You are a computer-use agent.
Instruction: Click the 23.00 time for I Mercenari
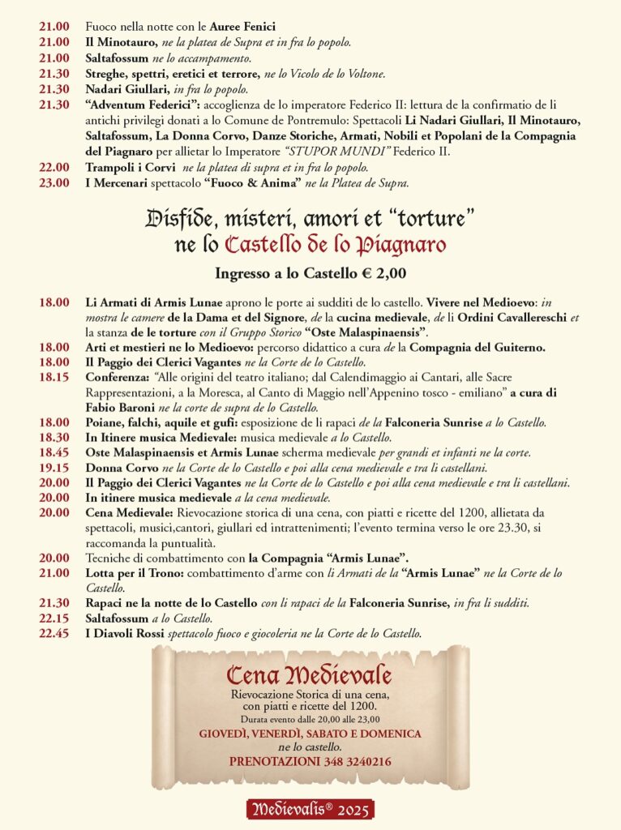(x=54, y=182)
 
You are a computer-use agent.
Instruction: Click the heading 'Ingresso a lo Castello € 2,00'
(x=310, y=273)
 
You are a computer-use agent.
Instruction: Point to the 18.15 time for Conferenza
(x=54, y=378)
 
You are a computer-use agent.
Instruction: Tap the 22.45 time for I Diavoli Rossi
(x=54, y=633)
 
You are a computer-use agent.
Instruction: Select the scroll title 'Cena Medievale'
(x=309, y=675)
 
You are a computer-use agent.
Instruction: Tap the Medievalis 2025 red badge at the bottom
(x=310, y=809)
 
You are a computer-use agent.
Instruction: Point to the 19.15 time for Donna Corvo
(x=54, y=468)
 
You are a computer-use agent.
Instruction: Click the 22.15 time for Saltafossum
(x=54, y=618)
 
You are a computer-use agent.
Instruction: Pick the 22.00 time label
(x=54, y=167)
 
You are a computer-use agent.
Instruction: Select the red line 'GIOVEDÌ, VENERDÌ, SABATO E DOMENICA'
(x=310, y=734)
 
